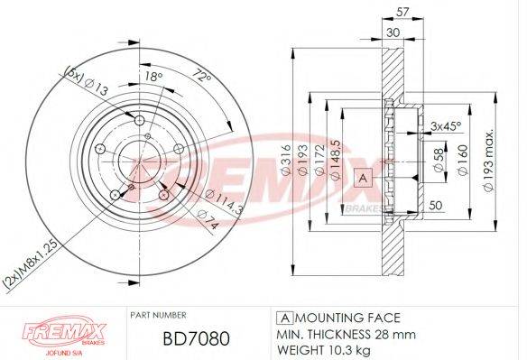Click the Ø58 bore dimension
point(439,162)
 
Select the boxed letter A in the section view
point(364,178)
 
